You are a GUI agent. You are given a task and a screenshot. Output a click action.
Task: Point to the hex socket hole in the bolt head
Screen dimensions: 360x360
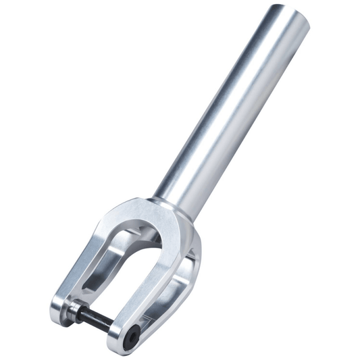point(135,332)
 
